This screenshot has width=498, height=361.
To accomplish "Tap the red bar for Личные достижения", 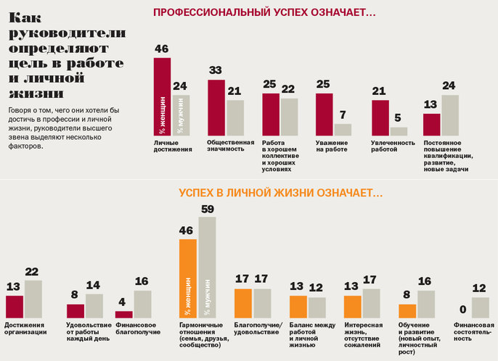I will coord(162,96).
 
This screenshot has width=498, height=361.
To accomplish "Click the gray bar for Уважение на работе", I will coord(343,130).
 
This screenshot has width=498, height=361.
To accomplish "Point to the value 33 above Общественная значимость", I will coord(216,71).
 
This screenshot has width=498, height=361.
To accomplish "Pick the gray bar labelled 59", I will coord(208,267).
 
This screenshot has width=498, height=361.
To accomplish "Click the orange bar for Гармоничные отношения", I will coord(188,278).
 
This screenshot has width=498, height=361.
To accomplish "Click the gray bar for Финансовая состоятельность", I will coord(480,307).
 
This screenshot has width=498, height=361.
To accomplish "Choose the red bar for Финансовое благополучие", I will coord(124,315).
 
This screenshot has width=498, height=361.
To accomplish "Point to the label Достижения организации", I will coord(25,328).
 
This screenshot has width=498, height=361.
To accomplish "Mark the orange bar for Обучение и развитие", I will coord(408,311).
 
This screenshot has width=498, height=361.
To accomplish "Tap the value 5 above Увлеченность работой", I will coord(399,119).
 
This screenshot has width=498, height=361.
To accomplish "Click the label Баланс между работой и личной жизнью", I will coord(312,334).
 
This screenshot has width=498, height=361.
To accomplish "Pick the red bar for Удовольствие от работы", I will coord(75,310).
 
